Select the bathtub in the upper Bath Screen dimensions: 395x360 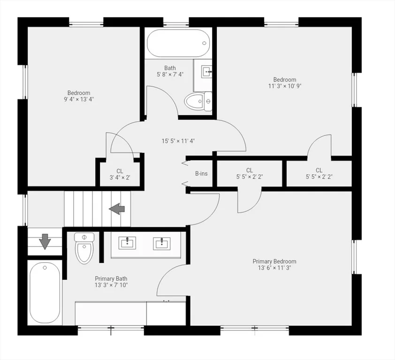(x=178, y=43)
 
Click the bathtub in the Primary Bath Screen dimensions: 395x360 (x=45, y=292)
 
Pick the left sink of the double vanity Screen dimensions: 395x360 (x=127, y=243)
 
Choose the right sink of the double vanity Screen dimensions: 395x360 (x=162, y=243)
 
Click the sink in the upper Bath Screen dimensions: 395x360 (x=206, y=72)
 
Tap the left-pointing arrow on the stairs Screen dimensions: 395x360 (x=117, y=209)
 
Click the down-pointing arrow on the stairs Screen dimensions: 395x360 (x=45, y=241)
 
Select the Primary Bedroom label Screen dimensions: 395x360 (x=274, y=261)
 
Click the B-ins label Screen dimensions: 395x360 (x=201, y=173)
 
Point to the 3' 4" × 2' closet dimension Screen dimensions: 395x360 (x=120, y=178)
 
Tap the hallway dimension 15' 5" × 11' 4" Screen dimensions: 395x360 (x=178, y=141)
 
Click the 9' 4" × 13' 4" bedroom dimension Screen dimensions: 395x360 (x=79, y=99)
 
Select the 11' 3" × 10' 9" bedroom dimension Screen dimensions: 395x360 (x=285, y=86)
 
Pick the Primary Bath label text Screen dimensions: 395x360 (x=111, y=279)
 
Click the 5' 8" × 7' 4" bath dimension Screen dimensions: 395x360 (x=170, y=74)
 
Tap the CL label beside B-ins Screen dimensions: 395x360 (x=250, y=171)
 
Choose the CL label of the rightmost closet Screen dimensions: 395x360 (x=319, y=171)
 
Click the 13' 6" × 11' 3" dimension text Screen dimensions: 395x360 (x=274, y=268)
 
